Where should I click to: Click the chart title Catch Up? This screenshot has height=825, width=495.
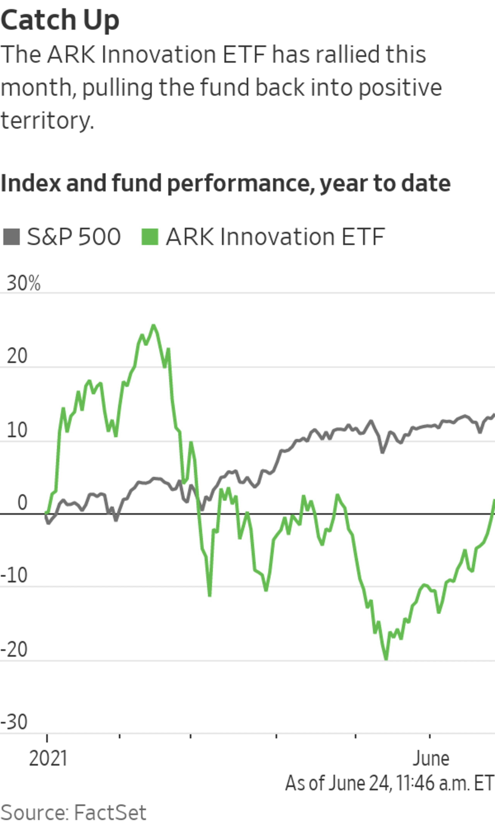[60, 21]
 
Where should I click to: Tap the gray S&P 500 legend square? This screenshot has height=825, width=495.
[11, 237]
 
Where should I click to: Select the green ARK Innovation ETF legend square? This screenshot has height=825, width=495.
[150, 237]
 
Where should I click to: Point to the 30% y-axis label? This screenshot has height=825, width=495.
[23, 283]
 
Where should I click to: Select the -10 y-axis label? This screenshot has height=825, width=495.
[14, 576]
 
